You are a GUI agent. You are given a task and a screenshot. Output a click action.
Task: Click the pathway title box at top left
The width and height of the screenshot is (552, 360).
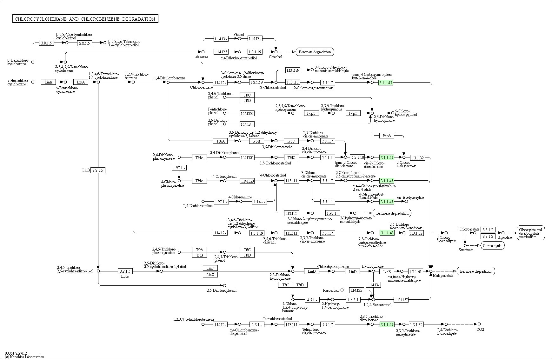pos(85,19)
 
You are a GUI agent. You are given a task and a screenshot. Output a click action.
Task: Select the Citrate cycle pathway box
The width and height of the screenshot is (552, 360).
pos(492,245)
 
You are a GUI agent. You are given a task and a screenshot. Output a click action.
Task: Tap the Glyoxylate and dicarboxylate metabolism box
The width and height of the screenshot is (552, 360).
pos(531,233)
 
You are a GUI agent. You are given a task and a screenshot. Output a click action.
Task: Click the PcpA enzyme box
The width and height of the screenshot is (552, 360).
pos(387,136)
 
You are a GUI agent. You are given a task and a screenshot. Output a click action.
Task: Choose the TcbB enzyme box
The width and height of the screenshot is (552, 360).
pos(256,141)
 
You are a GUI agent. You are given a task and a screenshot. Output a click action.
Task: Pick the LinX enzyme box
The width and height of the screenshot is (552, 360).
pos(210,275)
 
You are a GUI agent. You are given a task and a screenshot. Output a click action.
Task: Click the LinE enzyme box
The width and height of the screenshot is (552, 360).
pos(387,271)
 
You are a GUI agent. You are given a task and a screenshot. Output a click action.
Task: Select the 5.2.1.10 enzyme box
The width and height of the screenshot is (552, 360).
pos(357,157)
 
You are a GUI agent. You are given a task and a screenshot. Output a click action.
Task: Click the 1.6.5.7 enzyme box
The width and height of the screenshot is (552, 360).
pos(353,299)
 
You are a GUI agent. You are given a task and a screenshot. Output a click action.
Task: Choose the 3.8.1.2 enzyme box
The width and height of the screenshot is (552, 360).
pos(488,230)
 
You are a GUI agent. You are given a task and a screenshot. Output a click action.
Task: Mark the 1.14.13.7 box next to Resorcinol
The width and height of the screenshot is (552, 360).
pos(356,290)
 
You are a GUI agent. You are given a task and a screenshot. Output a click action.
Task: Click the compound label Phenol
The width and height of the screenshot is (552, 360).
pos(239,35)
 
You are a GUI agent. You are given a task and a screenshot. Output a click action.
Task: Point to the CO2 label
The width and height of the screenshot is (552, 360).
pos(480,329)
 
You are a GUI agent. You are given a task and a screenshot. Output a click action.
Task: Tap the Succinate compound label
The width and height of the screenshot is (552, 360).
pos(466,250)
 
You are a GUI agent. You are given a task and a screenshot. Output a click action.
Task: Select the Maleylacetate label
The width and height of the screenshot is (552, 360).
pos(443,275)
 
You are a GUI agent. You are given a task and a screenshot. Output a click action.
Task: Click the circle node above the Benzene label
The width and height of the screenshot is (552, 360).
pos(203,51)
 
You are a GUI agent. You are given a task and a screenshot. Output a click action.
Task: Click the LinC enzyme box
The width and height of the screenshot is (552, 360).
pos(210,268)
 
